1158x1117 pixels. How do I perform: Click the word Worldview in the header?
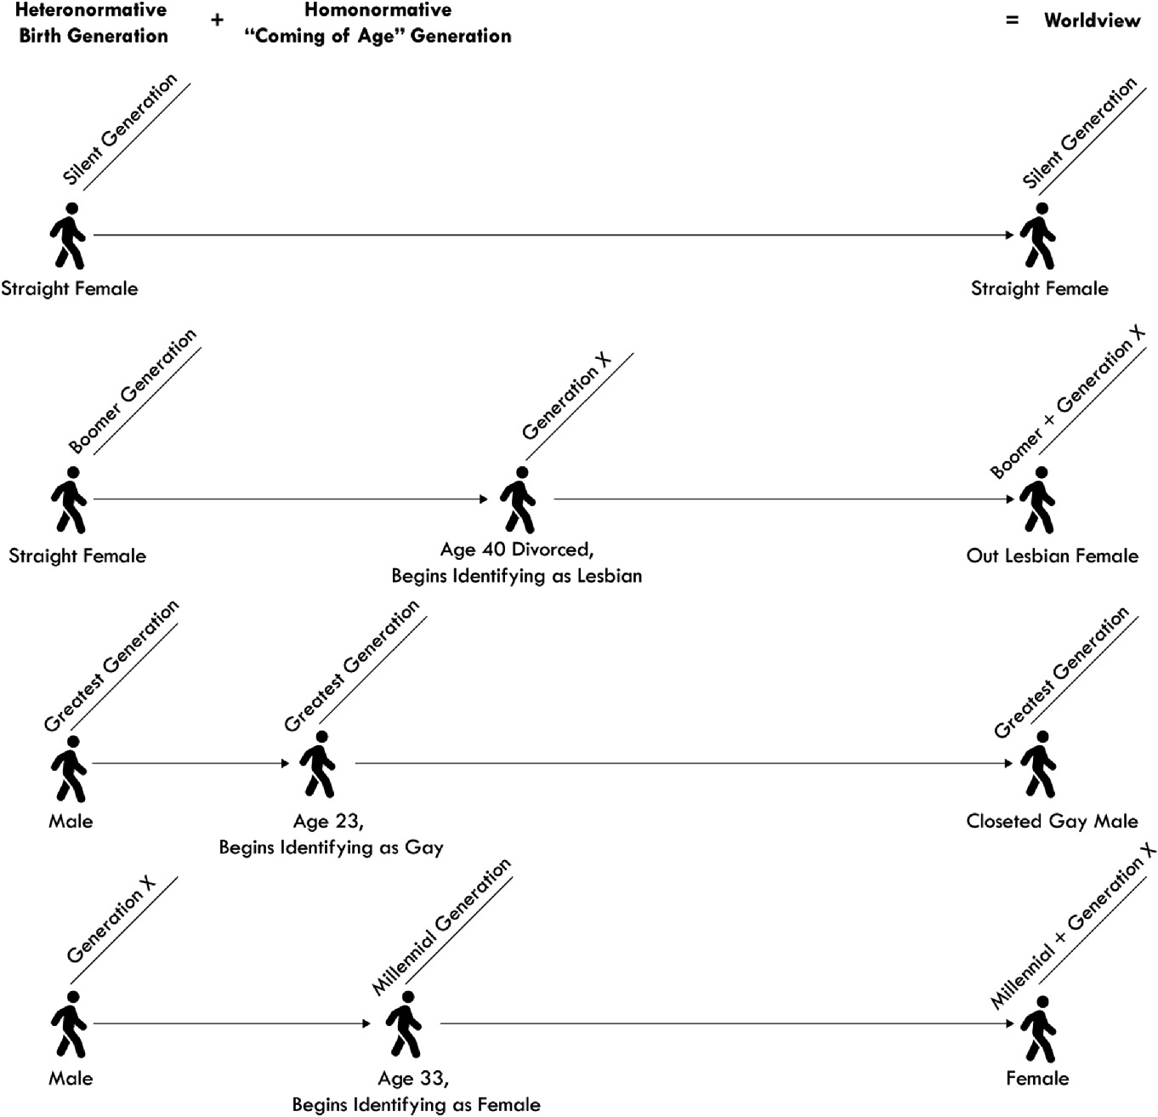pyautogui.click(x=1092, y=20)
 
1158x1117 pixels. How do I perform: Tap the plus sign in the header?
pyautogui.click(x=218, y=20)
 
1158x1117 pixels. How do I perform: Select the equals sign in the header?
pyautogui.click(x=1012, y=20)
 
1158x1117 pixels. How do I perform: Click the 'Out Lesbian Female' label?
pyautogui.click(x=1052, y=556)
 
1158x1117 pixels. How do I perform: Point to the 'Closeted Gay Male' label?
pyautogui.click(x=1052, y=821)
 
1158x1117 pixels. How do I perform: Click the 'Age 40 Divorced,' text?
pyautogui.click(x=515, y=550)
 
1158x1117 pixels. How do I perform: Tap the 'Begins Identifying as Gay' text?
pyautogui.click(x=331, y=847)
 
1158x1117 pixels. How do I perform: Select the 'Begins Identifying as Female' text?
pyautogui.click(x=416, y=1104)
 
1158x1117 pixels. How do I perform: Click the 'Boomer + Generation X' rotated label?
pyautogui.click(x=1068, y=403)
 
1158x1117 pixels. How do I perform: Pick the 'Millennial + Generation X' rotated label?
pyautogui.click(x=1073, y=926)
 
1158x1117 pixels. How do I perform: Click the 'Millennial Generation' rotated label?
pyautogui.click(x=441, y=926)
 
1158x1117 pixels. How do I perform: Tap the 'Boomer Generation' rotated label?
pyautogui.click(x=133, y=391)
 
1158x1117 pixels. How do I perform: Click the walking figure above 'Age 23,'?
pyautogui.click(x=318, y=763)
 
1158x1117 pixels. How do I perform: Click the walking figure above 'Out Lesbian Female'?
pyautogui.click(x=1036, y=499)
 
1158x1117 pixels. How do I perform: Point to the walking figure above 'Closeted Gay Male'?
pyautogui.click(x=1036, y=764)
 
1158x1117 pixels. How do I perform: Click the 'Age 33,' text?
pyautogui.click(x=413, y=1078)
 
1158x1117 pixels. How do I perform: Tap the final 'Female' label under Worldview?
pyautogui.click(x=1037, y=1078)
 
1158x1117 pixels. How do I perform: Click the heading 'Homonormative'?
pyautogui.click(x=377, y=10)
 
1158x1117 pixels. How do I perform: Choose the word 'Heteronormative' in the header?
pyautogui.click(x=91, y=10)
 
